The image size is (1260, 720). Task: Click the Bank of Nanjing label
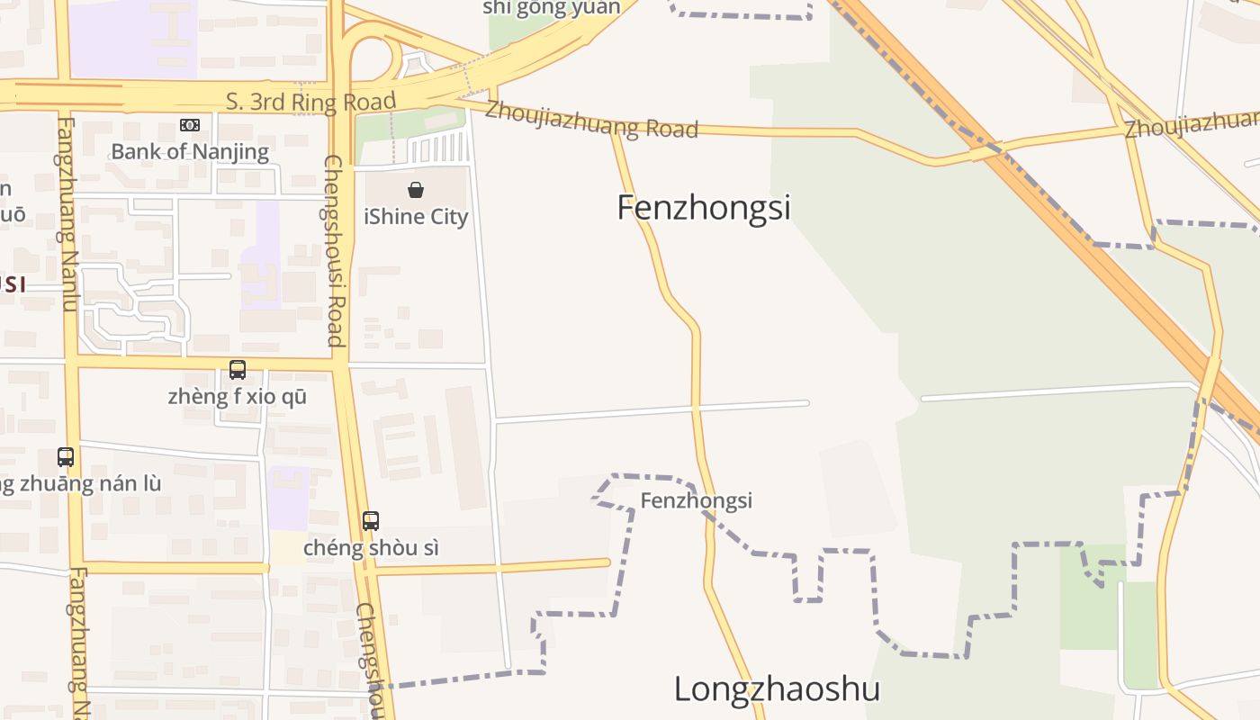point(190,151)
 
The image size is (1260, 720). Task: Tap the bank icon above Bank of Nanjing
point(190,125)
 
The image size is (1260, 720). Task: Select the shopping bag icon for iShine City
point(416,190)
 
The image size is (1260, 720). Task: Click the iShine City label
point(416,217)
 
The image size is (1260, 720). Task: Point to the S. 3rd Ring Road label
point(310,101)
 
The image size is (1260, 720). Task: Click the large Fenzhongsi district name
point(704,208)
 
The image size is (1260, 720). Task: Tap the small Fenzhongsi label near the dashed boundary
point(696,500)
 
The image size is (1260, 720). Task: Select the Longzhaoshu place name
point(777,689)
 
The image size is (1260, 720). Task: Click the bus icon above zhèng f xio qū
point(238,370)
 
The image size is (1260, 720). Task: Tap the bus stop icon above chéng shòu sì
point(371,521)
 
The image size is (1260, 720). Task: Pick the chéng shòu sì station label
point(371,547)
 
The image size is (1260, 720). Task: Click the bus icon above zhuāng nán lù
point(66,457)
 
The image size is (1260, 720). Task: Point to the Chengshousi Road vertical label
point(334,250)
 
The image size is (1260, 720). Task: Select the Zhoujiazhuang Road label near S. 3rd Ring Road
point(591,121)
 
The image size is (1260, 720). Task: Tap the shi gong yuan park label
point(551,8)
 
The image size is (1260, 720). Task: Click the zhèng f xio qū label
point(238,396)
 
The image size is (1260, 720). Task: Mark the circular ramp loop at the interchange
point(373,54)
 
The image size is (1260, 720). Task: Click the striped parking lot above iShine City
point(438,148)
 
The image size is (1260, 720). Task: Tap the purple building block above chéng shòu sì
point(288,498)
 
